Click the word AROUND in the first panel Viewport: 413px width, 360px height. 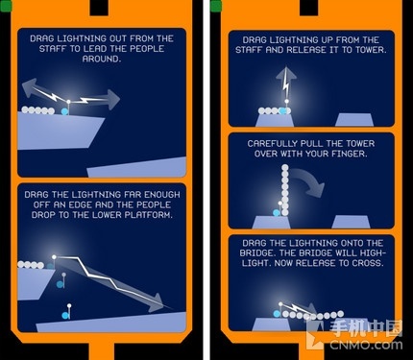pyautogui.click(x=102, y=59)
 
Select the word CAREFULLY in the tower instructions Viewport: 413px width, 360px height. pyautogui.click(x=272, y=143)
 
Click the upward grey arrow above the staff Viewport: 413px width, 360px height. pyautogui.click(x=286, y=82)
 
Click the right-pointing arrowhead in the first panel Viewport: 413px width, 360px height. pyautogui.click(x=113, y=100)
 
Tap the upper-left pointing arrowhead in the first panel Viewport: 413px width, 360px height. pyautogui.click(x=28, y=89)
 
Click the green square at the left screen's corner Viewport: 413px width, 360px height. pyautogui.click(x=6, y=6)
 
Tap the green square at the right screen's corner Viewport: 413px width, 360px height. pyautogui.click(x=216, y=6)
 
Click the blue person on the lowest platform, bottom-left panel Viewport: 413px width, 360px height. pyautogui.click(x=65, y=315)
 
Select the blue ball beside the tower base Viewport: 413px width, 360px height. pyautogui.click(x=277, y=213)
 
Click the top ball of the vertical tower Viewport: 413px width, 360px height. pyautogui.click(x=284, y=168)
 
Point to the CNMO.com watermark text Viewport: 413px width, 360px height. pyautogui.click(x=366, y=345)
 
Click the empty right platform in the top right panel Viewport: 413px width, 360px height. pyautogui.click(x=353, y=120)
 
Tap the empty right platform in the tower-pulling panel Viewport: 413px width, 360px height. pyautogui.click(x=351, y=222)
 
